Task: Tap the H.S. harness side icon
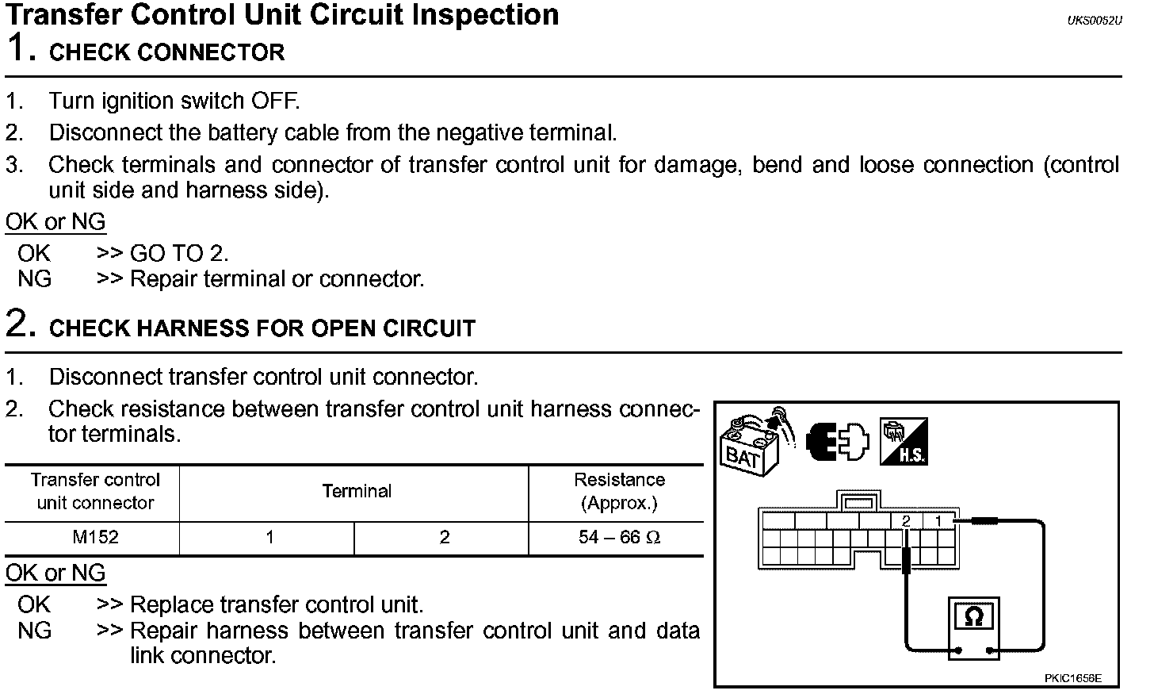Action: (904, 442)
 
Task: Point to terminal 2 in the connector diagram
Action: (906, 521)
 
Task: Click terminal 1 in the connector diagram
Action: (939, 521)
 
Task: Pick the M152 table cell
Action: (95, 538)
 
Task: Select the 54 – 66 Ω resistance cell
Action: (619, 538)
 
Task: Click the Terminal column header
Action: (357, 492)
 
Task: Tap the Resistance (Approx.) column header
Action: (619, 492)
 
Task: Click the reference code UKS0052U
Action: (1095, 21)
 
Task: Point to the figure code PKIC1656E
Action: (1072, 678)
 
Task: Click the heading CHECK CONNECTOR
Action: (166, 53)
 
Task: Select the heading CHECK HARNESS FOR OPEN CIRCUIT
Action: (262, 328)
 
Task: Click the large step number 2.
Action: (21, 324)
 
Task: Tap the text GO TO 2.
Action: (179, 254)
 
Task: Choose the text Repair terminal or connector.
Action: (277, 279)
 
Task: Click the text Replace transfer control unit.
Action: (277, 605)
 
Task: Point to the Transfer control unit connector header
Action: (95, 492)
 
